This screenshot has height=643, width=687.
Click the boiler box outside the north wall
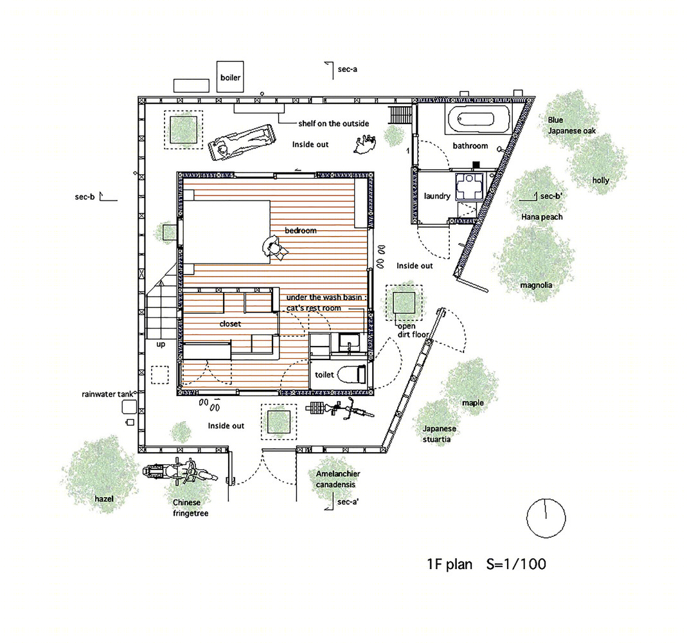coord(230,77)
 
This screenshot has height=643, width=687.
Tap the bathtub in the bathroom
coord(478,119)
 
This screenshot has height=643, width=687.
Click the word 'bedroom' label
coord(301,230)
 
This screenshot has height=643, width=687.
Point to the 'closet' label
coord(230,323)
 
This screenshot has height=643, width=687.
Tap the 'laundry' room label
coord(437,196)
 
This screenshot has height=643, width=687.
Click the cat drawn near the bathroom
coord(365,144)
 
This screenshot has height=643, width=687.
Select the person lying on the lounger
coord(242,141)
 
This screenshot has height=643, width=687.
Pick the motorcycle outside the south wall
coord(180,471)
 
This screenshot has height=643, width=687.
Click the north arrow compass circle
coord(546,518)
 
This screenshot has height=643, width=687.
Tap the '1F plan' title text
coord(449,564)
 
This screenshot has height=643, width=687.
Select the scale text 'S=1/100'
coord(516,564)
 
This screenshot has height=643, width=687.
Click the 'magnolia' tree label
coord(536,285)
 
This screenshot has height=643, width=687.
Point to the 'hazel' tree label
coord(104,499)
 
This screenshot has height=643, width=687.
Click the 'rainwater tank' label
coord(107,394)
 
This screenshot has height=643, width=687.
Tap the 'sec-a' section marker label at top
coord(348,69)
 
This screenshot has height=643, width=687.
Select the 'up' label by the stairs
coord(161,345)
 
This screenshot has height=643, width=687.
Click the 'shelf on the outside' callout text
coord(334,123)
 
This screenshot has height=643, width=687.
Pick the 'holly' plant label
coord(601,180)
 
